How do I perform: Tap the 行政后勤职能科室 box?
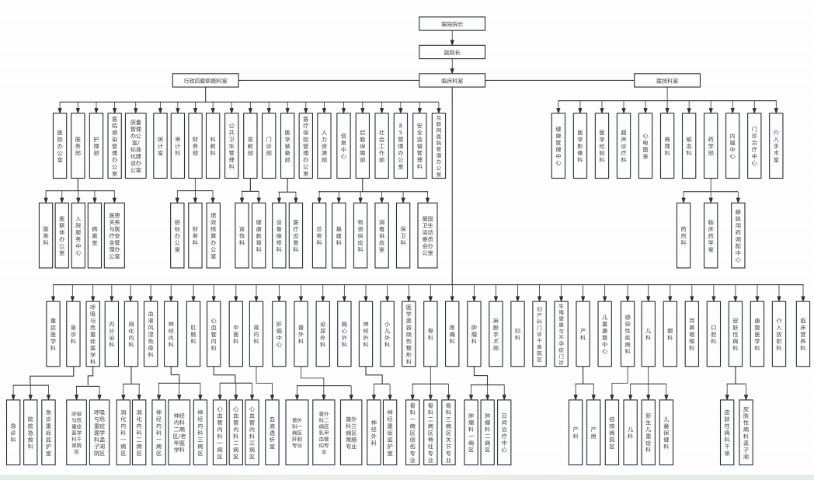(x=205, y=80)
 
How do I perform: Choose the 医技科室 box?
(x=667, y=80)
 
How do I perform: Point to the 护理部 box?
(x=96, y=133)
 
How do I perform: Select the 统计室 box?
(x=160, y=133)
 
